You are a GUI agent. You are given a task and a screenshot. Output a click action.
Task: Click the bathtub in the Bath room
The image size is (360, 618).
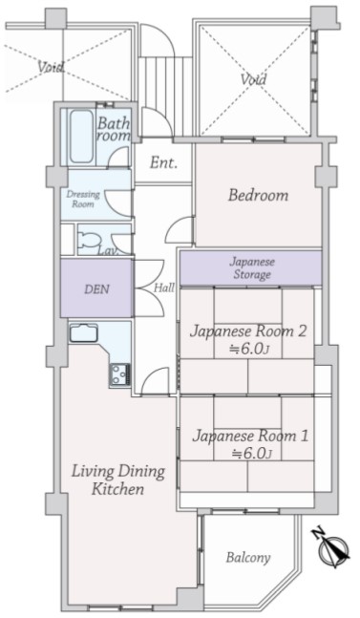(81, 136)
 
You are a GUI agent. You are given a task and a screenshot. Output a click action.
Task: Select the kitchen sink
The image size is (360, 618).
(83, 333)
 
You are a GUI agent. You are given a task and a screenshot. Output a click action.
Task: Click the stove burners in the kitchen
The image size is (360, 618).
(119, 374)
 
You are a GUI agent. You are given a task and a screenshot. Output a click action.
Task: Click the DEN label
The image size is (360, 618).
(96, 289)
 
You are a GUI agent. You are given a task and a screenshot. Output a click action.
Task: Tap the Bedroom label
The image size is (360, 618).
(259, 195)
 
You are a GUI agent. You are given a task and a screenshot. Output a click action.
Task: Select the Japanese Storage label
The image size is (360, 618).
(252, 268)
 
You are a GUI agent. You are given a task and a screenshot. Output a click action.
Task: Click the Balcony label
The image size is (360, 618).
(248, 557)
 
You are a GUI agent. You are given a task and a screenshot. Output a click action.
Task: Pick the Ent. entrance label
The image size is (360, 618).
(163, 162)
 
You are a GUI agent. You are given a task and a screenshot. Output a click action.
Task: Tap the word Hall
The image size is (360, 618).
(164, 288)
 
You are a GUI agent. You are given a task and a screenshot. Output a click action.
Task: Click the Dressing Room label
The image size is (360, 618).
(83, 199)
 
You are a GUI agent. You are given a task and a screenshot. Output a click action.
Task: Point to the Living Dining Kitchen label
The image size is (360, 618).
(117, 479)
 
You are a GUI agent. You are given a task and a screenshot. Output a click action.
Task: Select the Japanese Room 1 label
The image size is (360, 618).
(250, 444)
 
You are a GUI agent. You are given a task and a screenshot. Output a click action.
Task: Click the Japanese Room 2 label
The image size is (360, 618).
(248, 339)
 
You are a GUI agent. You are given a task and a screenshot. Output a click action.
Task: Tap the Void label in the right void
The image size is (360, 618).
(254, 79)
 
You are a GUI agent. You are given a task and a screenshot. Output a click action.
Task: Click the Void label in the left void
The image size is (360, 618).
(51, 67)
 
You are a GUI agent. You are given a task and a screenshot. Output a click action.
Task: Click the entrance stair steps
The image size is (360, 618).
(166, 82)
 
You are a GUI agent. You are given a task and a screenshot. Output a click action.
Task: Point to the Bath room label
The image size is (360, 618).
(114, 129)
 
